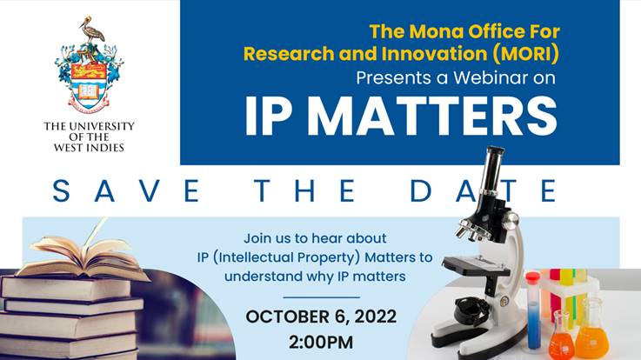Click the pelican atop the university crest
tap(90, 30)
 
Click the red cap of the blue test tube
tap(533, 279)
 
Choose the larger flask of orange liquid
tap(591, 331)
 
